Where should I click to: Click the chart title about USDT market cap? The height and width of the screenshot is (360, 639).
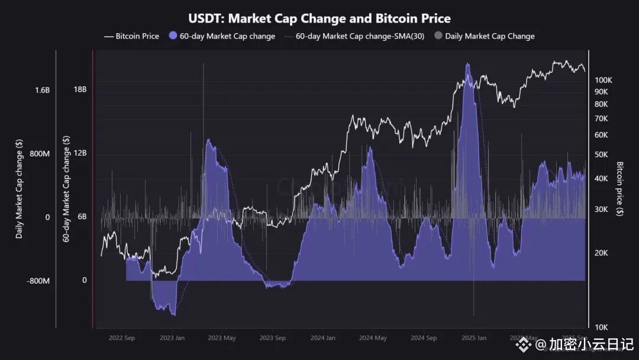pyautogui.click(x=319, y=19)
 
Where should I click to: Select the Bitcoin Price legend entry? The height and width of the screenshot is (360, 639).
pyautogui.click(x=131, y=36)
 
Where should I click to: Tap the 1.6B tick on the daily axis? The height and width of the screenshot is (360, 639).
pyautogui.click(x=42, y=90)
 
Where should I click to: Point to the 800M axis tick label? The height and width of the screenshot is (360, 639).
pyautogui.click(x=40, y=154)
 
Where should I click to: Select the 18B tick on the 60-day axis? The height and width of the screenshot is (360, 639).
pyautogui.click(x=80, y=90)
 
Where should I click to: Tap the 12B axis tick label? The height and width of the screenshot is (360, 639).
pyautogui.click(x=80, y=153)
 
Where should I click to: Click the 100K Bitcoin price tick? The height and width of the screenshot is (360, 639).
pyautogui.click(x=603, y=80)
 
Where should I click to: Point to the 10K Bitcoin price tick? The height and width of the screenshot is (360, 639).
pyautogui.click(x=601, y=327)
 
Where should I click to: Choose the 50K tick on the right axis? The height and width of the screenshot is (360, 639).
pyautogui.click(x=601, y=155)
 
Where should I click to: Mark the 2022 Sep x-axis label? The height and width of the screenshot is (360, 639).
pyautogui.click(x=122, y=338)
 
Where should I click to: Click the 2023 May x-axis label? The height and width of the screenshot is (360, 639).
pyautogui.click(x=222, y=338)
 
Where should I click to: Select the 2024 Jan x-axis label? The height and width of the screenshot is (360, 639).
pyautogui.click(x=323, y=338)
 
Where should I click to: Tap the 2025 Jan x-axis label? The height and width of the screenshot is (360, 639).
pyautogui.click(x=473, y=338)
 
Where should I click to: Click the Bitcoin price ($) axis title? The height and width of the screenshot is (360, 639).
pyautogui.click(x=619, y=188)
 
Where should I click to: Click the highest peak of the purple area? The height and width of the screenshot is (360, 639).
pyautogui.click(x=468, y=64)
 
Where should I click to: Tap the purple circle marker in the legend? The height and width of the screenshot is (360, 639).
pyautogui.click(x=173, y=36)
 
